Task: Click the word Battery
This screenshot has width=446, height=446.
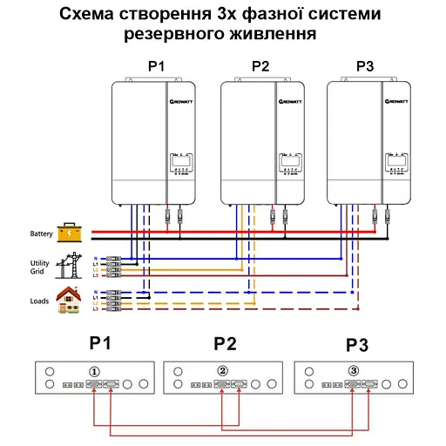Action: (x=40, y=233)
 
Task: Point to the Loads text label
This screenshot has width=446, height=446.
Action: (x=38, y=301)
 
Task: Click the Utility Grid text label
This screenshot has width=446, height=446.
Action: (x=40, y=267)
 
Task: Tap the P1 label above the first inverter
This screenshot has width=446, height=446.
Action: (x=157, y=65)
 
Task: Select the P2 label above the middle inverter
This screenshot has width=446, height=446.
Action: (x=260, y=65)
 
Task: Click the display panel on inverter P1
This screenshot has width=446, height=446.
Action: (x=179, y=162)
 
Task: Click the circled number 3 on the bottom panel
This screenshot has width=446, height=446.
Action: (x=353, y=371)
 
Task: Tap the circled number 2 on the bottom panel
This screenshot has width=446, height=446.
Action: (x=222, y=371)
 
